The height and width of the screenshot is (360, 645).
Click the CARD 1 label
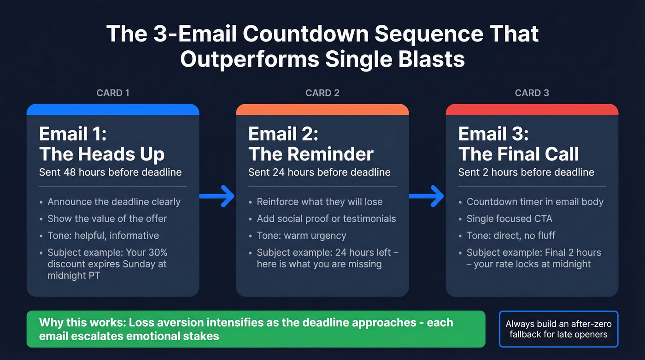(113, 93)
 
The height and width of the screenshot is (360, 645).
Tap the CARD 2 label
(322, 93)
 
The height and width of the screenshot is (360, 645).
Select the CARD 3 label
(532, 93)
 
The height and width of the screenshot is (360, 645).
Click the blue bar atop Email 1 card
(113, 110)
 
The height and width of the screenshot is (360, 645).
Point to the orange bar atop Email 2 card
(322, 110)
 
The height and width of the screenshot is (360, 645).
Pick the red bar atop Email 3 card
(532, 110)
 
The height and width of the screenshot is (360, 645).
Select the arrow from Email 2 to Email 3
(427, 196)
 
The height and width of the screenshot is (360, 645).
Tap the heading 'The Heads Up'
(102, 154)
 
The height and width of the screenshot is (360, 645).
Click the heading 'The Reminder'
(311, 154)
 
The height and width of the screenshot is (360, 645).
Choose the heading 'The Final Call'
(519, 154)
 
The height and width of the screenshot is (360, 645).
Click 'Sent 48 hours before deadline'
(111, 172)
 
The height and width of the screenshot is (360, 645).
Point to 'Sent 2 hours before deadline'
(526, 172)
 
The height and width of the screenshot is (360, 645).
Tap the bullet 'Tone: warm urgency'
(301, 236)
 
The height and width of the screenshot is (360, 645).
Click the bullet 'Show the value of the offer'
(107, 218)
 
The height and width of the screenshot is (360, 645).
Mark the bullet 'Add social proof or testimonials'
(326, 218)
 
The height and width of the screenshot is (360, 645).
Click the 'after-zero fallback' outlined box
(558, 329)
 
